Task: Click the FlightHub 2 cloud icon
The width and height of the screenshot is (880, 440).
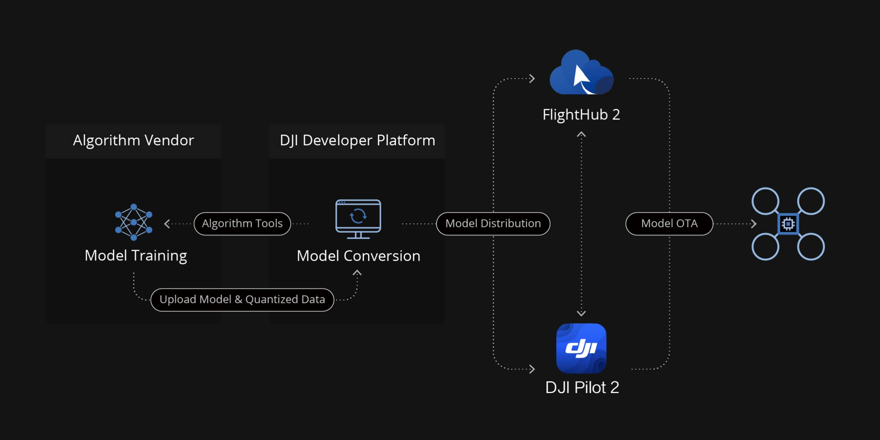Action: click(x=582, y=73)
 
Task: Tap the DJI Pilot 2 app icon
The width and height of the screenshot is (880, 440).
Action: click(x=581, y=348)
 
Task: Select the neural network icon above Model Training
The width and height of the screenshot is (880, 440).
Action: click(x=133, y=222)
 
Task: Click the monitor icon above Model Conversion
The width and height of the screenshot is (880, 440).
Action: click(x=358, y=219)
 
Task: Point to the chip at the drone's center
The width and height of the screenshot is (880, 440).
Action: click(x=788, y=224)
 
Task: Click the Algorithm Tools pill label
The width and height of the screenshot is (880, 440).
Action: click(x=242, y=224)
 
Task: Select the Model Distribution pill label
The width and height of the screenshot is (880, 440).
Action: click(x=493, y=224)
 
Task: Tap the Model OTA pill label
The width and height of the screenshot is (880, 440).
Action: click(x=669, y=224)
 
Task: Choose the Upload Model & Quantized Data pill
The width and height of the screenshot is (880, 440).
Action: click(x=242, y=300)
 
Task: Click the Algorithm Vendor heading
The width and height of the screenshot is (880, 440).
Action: click(x=133, y=140)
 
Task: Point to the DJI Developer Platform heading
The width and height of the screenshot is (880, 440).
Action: click(x=357, y=140)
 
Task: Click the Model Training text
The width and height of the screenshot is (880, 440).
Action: click(x=136, y=256)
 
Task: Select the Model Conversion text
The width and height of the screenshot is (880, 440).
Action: click(x=358, y=256)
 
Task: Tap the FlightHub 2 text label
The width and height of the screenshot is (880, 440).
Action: click(x=581, y=115)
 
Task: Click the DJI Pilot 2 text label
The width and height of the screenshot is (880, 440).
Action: click(x=582, y=388)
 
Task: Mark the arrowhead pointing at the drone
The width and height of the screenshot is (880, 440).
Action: click(x=754, y=224)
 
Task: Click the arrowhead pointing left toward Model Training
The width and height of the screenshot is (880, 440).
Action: click(x=167, y=224)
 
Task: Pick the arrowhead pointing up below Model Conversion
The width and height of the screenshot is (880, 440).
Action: click(x=357, y=273)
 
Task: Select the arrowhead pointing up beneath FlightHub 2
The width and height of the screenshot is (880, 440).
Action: click(x=581, y=135)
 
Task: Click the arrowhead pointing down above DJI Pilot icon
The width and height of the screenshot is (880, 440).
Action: click(x=581, y=313)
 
